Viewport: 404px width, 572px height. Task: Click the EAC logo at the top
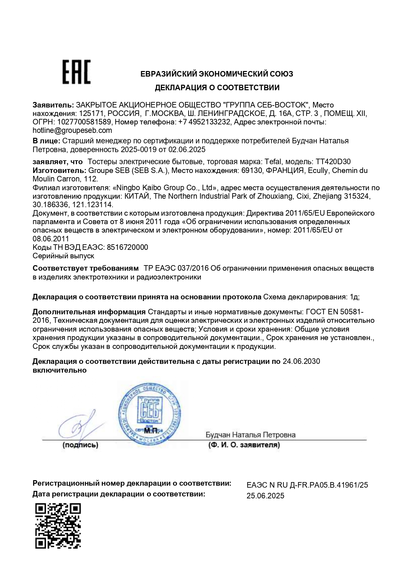pyautogui.click(x=77, y=72)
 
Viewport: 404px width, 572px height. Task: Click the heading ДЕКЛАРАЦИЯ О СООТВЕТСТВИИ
pyautogui.click(x=217, y=88)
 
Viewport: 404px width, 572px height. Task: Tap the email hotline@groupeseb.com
pyautogui.click(x=72, y=131)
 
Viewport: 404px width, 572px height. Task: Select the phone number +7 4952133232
pyautogui.click(x=205, y=122)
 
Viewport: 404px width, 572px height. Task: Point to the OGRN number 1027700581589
pyautogui.click(x=84, y=122)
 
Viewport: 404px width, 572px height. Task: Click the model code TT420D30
pyautogui.click(x=333, y=162)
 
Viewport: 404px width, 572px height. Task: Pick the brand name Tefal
pyautogui.click(x=274, y=162)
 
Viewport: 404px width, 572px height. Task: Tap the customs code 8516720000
pyautogui.click(x=127, y=247)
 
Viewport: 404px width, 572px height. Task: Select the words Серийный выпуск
pyautogui.click(x=64, y=256)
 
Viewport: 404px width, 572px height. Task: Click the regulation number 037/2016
pyautogui.click(x=192, y=268)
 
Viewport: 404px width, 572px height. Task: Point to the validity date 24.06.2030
pyautogui.click(x=301, y=361)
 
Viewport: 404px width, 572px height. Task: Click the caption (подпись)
pyautogui.click(x=80, y=445)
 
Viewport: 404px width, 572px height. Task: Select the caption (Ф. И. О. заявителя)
pyautogui.click(x=244, y=445)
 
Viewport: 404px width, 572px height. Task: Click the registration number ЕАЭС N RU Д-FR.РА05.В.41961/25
pyautogui.click(x=307, y=485)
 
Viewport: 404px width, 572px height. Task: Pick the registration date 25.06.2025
pyautogui.click(x=266, y=496)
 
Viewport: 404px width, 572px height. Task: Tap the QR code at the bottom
pyautogui.click(x=58, y=526)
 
